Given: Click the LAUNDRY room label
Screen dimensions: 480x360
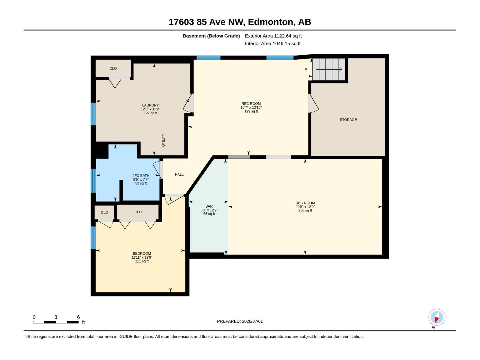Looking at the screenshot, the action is pos(150,105).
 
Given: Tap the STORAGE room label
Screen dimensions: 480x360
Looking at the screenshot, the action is pos(348,120).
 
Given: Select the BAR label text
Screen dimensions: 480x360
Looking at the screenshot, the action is pos(209,206).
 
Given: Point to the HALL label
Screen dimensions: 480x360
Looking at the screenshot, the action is pos(179,174).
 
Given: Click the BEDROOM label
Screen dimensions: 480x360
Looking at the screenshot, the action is pos(142,253).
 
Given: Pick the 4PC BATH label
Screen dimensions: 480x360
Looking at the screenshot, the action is pos(141,175).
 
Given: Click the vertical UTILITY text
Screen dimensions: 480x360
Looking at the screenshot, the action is pos(163,140).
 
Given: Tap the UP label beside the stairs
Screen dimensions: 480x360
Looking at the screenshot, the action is pos(306,69).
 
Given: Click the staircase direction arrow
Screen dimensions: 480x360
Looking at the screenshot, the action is pos(329,70).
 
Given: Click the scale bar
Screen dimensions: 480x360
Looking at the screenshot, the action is pos(56,322).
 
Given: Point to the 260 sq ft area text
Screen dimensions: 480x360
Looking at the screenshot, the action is pos(305,211).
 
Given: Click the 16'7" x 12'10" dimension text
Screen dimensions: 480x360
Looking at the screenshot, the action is pos(251,107).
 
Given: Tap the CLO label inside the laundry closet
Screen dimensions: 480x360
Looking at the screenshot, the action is pos(113,68).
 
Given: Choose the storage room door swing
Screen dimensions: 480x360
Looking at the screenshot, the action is pos(313,103).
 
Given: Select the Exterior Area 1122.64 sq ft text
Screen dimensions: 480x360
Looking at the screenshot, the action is pos(273,36).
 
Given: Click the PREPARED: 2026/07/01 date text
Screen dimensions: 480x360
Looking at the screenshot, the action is pos(240,321).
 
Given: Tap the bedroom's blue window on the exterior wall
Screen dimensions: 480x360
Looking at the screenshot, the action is pos(93,238).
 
